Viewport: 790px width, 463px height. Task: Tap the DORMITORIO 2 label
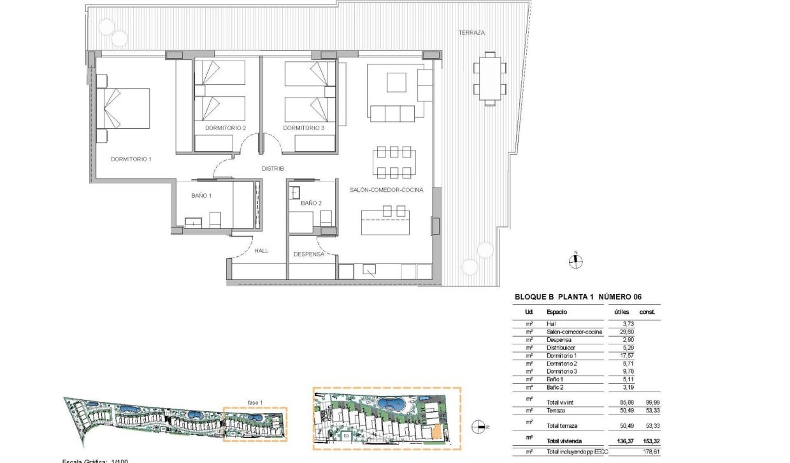tap(226, 128)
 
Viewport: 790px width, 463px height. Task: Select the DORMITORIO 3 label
tap(304, 128)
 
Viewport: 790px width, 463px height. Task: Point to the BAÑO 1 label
tap(201, 197)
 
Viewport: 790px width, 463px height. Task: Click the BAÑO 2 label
tap(311, 203)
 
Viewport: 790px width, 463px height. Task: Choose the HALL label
tap(261, 251)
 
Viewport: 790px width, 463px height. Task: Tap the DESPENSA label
tap(309, 254)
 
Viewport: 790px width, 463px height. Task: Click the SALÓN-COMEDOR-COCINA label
tap(386, 190)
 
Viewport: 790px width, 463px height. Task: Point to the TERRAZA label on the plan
tap(471, 33)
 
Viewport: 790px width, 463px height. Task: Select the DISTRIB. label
tap(273, 169)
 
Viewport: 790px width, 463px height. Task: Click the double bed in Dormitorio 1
tap(124, 108)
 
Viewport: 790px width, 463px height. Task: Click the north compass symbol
tap(576, 260)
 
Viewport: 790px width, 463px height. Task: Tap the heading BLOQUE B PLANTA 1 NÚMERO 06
tap(577, 297)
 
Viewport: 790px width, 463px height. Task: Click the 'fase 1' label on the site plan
tap(255, 402)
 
